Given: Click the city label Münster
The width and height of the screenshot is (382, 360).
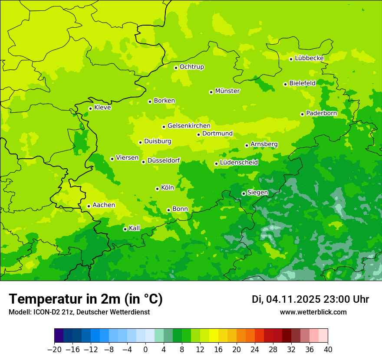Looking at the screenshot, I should click(227, 91).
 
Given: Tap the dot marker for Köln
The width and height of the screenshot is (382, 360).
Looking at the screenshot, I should click(157, 189).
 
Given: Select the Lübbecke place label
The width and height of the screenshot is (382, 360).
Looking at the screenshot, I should click(309, 58).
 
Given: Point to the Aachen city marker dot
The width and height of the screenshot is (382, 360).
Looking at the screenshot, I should click(89, 206).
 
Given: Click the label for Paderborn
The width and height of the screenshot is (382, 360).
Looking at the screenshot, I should click(321, 113).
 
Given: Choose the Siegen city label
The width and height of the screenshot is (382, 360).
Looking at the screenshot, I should click(257, 193).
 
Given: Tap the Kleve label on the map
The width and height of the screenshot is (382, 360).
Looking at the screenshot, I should click(102, 108).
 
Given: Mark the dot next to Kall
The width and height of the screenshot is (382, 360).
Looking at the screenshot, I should click(125, 229).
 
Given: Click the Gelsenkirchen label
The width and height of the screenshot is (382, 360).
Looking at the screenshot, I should click(189, 126).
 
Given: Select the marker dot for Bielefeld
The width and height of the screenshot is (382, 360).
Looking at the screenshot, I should click(285, 84).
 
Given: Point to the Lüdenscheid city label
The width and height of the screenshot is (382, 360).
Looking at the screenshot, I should click(239, 163).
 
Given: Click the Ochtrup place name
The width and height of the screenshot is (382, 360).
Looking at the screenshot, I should click(192, 67).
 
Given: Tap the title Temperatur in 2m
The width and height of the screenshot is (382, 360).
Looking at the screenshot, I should click(86, 299).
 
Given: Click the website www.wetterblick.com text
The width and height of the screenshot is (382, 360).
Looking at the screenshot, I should click(313, 312).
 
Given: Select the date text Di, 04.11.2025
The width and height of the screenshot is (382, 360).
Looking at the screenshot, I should click(285, 299).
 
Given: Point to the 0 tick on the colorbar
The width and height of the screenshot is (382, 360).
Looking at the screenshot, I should click(145, 350).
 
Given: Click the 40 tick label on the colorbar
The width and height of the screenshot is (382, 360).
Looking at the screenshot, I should click(328, 350).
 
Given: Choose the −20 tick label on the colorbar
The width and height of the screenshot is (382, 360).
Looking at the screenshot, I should click(54, 350).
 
